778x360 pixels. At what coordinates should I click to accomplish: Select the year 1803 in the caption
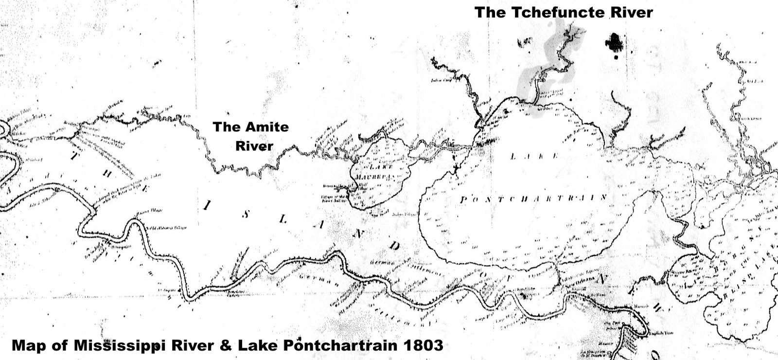[x=423, y=345]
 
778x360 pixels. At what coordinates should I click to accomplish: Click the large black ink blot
[x=615, y=43]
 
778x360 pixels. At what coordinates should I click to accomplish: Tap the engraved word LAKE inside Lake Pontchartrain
[x=534, y=156]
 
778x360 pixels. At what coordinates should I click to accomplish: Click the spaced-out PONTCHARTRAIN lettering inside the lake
[x=533, y=198]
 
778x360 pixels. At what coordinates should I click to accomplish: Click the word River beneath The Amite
[x=254, y=145]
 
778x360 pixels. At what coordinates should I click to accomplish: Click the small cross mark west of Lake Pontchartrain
[x=456, y=168]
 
